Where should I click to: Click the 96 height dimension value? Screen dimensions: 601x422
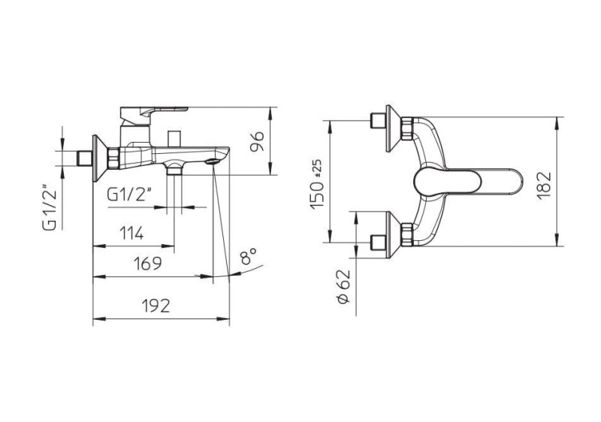[x=257, y=141]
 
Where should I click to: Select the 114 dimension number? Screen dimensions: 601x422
[x=131, y=233]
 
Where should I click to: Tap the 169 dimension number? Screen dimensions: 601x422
[x=147, y=264]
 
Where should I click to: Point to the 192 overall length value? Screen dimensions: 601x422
[x=156, y=306]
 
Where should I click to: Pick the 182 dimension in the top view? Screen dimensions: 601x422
[x=543, y=185]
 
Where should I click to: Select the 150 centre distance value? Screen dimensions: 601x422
[x=317, y=195]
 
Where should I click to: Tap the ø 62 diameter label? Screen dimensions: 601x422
[x=344, y=287]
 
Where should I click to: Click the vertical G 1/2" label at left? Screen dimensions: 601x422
[x=50, y=208]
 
